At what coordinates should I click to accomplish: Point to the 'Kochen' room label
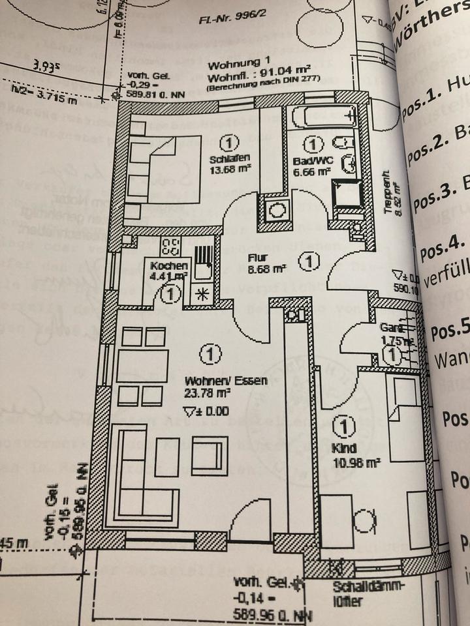(169, 266)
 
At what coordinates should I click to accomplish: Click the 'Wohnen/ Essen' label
(217, 381)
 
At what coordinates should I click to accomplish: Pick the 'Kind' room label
(343, 449)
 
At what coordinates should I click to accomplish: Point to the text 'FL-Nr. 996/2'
(230, 20)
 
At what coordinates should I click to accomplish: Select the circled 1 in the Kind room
(343, 426)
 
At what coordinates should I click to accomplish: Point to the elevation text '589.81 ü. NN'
(157, 94)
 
